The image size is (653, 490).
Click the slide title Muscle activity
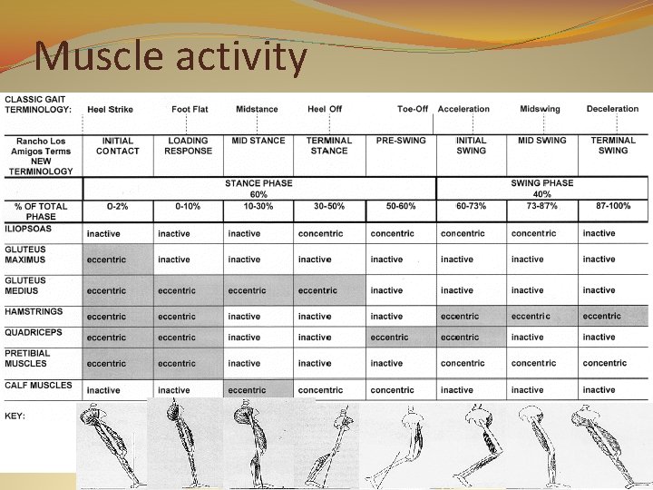coord(171,57)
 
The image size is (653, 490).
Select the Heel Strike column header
coord(110,110)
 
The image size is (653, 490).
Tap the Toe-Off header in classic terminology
coord(413,110)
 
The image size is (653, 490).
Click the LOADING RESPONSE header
coord(188,146)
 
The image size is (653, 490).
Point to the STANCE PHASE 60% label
coord(258,188)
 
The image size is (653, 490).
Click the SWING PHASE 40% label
coord(541,188)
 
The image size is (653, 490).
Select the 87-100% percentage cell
coord(613,207)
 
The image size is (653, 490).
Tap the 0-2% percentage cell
coord(117,207)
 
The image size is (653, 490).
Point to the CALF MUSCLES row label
coord(38,386)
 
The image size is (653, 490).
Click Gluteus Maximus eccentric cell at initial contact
coord(106,260)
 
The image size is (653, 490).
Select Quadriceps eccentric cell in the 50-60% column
coord(389,338)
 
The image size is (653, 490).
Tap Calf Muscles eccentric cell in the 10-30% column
coord(247,390)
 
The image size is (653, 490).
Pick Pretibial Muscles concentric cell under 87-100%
coord(604,364)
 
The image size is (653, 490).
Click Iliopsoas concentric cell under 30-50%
coord(320,234)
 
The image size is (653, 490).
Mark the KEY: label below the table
coord(15,416)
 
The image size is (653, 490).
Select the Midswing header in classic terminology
coord(540,110)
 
